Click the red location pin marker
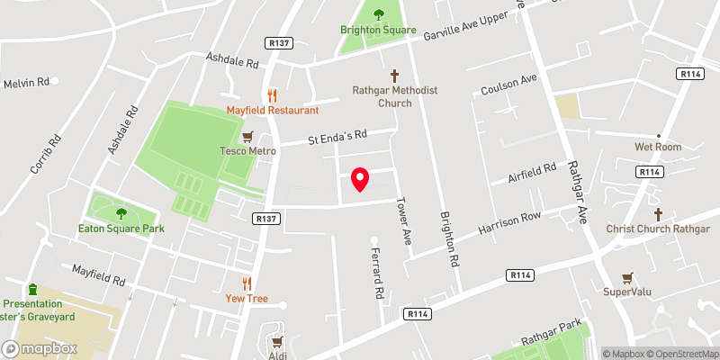[x=359, y=179]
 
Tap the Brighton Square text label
[x=378, y=30]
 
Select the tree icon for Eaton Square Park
[x=121, y=213]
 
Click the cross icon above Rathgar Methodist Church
[x=394, y=76]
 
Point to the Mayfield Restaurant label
[x=273, y=110]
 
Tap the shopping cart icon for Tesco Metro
[x=247, y=136]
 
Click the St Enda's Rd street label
[x=337, y=138]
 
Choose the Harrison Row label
[x=510, y=225]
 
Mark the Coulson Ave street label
[x=508, y=86]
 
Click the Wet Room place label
[x=658, y=147]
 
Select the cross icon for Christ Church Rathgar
[x=658, y=214]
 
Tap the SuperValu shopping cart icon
[x=627, y=278]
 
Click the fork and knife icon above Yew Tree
[x=247, y=283]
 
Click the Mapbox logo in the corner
[x=40, y=348]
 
